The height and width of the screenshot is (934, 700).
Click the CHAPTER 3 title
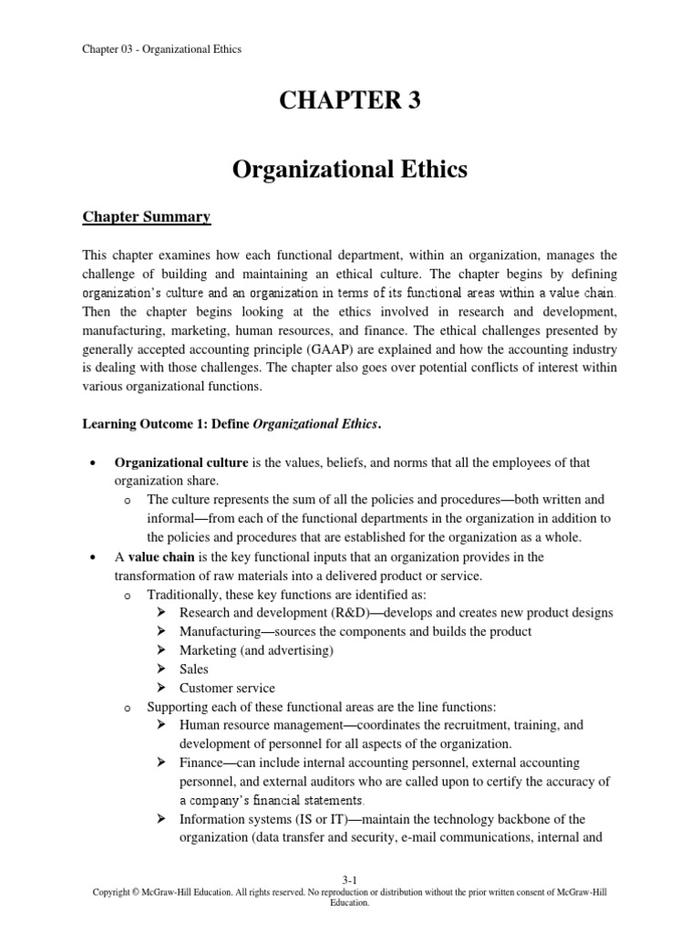pos(350,102)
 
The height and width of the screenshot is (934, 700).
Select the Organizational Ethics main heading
pos(350,171)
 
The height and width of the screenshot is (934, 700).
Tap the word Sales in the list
pos(194,669)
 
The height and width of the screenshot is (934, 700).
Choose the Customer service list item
pos(227,688)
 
